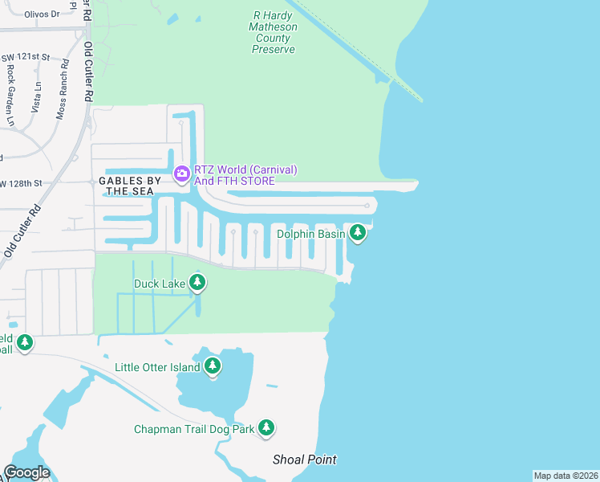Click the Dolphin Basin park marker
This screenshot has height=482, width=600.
click(x=358, y=233)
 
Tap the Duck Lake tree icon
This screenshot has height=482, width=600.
click(x=197, y=282)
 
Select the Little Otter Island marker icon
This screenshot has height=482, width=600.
click(x=213, y=366)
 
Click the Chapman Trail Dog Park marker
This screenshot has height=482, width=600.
click(x=267, y=428)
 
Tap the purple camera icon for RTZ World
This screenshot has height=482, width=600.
click(x=182, y=173)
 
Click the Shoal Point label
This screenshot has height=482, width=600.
click(x=304, y=460)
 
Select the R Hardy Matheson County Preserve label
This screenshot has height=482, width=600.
click(x=274, y=32)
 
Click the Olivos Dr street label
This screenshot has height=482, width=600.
click(x=42, y=14)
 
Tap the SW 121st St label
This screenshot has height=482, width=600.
click(x=26, y=59)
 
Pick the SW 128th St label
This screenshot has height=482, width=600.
click(x=21, y=184)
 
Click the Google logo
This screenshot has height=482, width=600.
click(x=26, y=472)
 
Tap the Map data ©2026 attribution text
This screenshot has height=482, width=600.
click(x=565, y=476)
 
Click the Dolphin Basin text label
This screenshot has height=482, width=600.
click(x=311, y=234)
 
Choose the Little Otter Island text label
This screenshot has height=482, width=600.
click(x=156, y=368)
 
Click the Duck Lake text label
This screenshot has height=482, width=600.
click(x=159, y=283)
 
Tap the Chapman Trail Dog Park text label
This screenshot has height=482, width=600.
click(x=194, y=429)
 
